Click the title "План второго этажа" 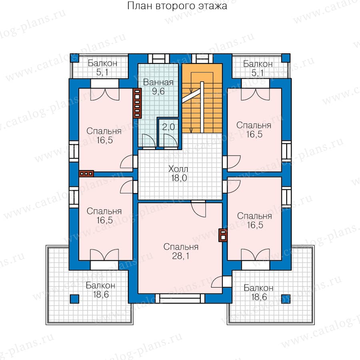tap(177, 6)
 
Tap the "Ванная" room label tap(158, 82)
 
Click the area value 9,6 tap(158, 91)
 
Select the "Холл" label tap(178, 169)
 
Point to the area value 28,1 tap(181, 256)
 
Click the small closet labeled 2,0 tap(168, 133)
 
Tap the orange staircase tap(202, 98)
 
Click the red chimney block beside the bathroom tap(137, 103)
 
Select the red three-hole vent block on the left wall tap(86, 174)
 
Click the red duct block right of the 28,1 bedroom tap(223, 235)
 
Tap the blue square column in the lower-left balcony tap(74, 299)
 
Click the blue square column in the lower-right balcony tap(286, 299)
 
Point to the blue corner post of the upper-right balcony tap(286, 58)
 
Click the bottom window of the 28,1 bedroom tap(180, 298)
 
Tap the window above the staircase tap(202, 58)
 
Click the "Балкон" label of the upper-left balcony tap(102, 63)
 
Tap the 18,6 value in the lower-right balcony tap(259, 297)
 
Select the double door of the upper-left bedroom tap(105, 94)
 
